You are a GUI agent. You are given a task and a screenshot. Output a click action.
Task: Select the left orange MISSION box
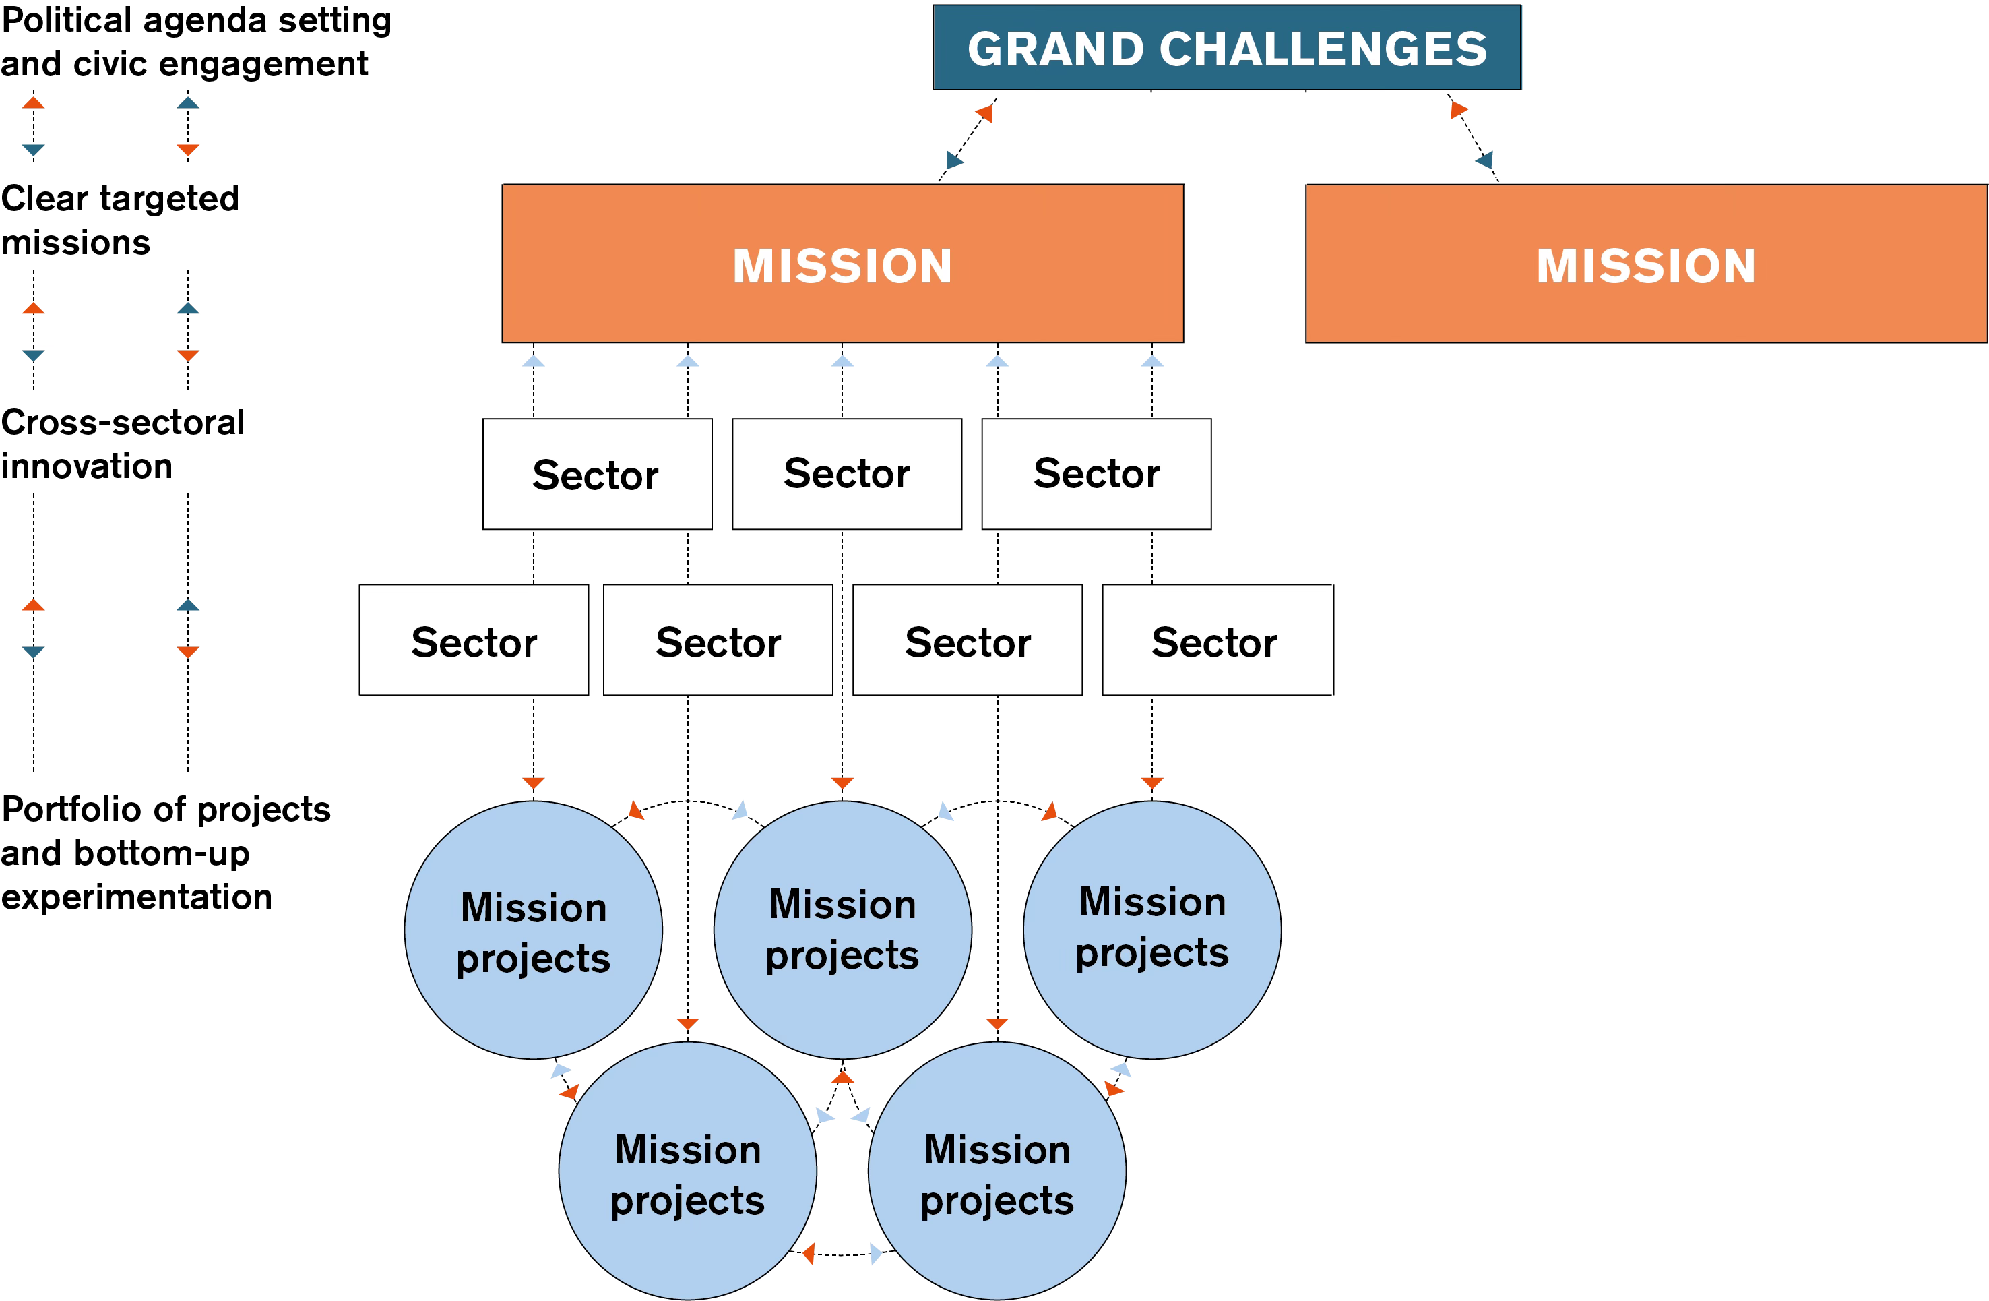pos(842,264)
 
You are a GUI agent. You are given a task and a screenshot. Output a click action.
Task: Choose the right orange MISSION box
pos(1645,264)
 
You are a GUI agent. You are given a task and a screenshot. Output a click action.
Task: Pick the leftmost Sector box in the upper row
pos(597,474)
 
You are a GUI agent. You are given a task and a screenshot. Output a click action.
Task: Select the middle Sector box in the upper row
pos(846,474)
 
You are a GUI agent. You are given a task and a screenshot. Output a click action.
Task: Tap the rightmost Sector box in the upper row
pos(1096,474)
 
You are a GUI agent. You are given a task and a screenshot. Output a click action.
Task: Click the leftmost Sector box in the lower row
pos(473,640)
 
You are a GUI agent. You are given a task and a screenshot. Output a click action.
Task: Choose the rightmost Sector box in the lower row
pos(1217,640)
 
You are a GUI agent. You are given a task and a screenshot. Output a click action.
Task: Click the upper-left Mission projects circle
pos(533,930)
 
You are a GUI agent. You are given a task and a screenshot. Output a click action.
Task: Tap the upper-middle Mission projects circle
pos(842,930)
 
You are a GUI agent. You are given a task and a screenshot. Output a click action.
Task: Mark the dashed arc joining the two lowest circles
pos(842,1254)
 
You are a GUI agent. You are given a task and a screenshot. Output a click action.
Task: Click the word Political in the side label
pos(66,20)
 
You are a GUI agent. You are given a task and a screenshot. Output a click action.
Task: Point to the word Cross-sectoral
pos(123,422)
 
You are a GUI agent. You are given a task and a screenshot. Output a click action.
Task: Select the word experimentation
pos(136,897)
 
